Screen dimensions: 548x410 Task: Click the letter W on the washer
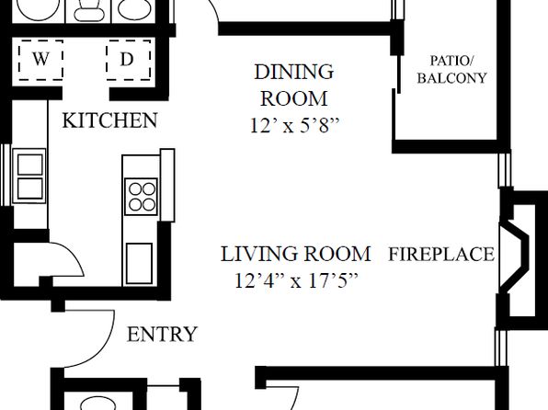click(40, 59)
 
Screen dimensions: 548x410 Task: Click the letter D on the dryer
click(127, 59)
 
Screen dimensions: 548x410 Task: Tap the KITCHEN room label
click(109, 120)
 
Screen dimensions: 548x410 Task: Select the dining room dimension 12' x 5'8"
click(294, 125)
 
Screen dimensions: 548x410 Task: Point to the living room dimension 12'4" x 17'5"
click(296, 280)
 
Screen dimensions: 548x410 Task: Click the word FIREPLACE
click(441, 254)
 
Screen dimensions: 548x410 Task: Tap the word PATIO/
click(451, 61)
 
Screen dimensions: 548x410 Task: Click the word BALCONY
click(451, 78)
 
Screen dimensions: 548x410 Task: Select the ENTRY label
click(162, 335)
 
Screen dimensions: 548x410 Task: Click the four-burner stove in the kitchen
click(142, 197)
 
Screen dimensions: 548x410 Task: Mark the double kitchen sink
click(29, 176)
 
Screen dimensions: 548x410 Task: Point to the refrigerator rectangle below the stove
click(139, 263)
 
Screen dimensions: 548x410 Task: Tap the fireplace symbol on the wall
click(518, 258)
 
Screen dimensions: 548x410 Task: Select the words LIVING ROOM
click(296, 254)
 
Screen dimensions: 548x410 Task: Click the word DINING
click(294, 72)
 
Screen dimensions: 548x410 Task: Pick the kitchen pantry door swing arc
click(74, 256)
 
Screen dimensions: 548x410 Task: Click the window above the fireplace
click(505, 170)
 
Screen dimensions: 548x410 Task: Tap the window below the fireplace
click(501, 347)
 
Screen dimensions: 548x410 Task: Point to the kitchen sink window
click(6, 175)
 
